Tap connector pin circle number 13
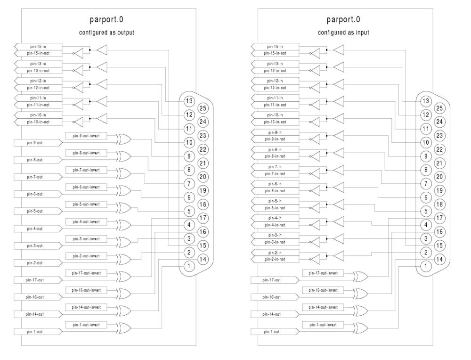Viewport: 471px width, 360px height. [189, 101]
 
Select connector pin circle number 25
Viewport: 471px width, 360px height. [203, 108]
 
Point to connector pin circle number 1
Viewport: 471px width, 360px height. [189, 266]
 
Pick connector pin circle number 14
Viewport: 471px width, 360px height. [203, 259]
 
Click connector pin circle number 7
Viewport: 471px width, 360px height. [189, 183]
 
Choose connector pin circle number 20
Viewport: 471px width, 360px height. [203, 177]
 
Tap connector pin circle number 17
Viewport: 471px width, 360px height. [203, 218]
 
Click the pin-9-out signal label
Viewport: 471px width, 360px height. [37, 142]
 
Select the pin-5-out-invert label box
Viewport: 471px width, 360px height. [86, 204]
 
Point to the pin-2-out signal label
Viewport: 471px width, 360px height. [37, 262]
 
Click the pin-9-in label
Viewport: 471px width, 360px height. [275, 132]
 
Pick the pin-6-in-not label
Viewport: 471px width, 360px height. [275, 190]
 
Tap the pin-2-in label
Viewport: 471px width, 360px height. [275, 253]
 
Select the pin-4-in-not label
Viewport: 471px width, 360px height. [275, 225]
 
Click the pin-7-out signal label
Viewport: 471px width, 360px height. [37, 177]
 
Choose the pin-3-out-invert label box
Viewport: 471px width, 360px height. [86, 239]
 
